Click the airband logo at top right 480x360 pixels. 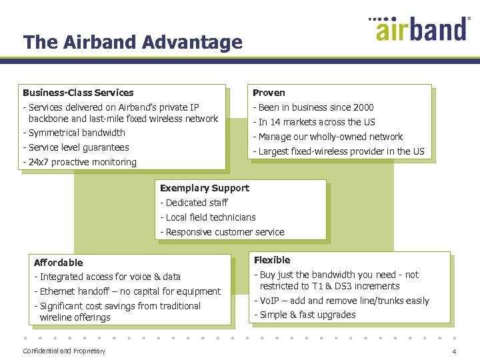pos(420,28)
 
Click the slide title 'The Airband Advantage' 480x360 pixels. pos(133,43)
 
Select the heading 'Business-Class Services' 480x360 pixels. pos(78,93)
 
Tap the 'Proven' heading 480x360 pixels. pos(269,93)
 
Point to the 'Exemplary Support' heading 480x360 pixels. pos(205,188)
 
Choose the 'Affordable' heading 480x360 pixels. pos(58,263)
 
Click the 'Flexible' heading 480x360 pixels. pos(272,260)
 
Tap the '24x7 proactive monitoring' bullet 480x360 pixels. pos(81,162)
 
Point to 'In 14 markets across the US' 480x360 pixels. pos(316,122)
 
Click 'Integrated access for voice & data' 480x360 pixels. pos(109,277)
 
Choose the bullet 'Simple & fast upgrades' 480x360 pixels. pos(307,315)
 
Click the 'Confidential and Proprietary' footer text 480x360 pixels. pos(64,351)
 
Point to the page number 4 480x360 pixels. pos(454,351)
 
